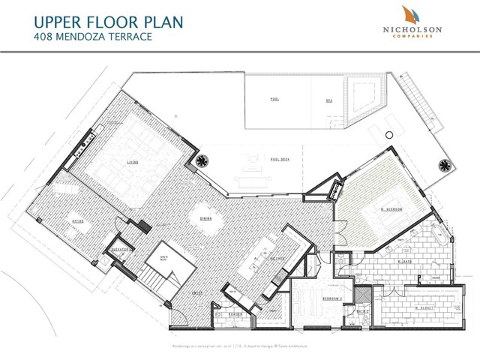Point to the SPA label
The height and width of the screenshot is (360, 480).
(328, 99)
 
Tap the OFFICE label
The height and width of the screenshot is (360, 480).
(76, 221)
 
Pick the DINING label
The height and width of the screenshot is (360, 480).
(204, 219)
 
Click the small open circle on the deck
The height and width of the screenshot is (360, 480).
(388, 134)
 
